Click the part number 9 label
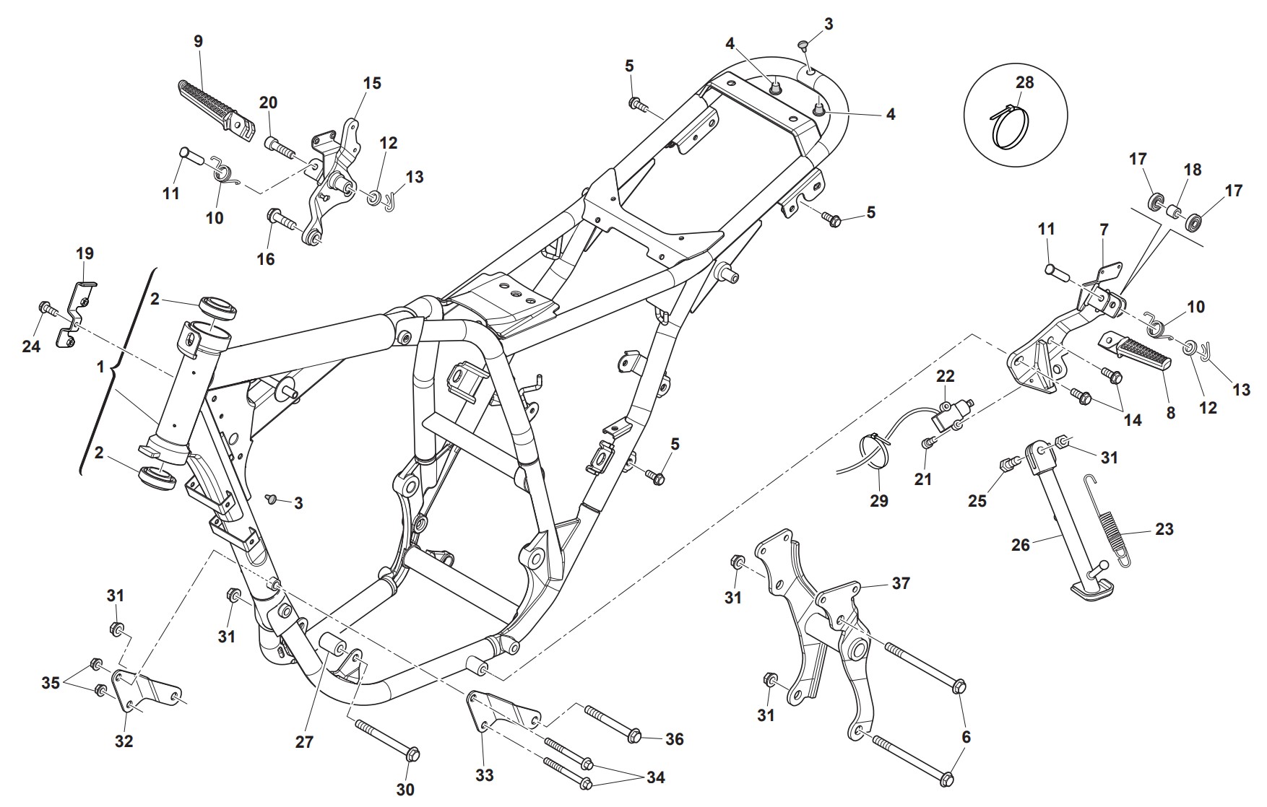198,41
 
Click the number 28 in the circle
1024,82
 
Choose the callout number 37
901,583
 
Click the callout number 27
304,741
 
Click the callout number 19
85,253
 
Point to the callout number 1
100,367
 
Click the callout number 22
945,376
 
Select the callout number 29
878,500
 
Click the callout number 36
674,739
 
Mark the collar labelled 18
1174,212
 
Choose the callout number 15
371,83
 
